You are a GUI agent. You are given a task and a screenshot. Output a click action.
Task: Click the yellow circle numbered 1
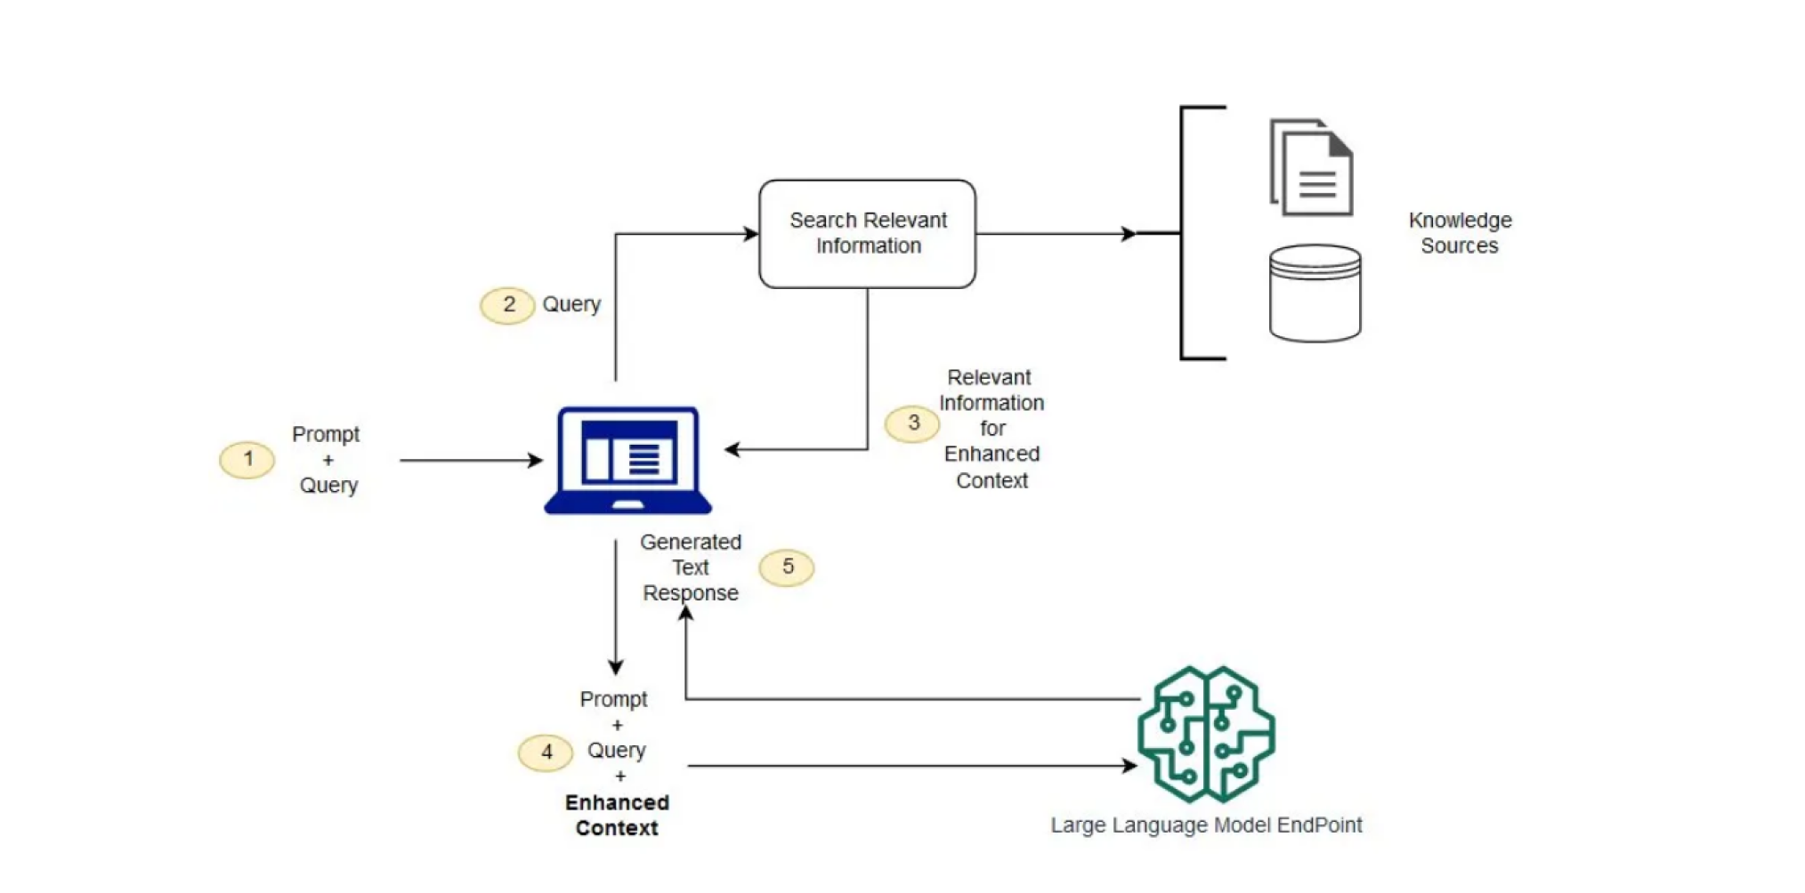click(x=247, y=460)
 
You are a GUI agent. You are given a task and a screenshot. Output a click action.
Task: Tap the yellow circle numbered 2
click(x=507, y=305)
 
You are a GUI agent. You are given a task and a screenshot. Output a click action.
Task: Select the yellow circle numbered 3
click(x=912, y=423)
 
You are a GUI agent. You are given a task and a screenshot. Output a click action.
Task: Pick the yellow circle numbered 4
click(x=546, y=752)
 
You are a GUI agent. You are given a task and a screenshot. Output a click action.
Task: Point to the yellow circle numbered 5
click(x=787, y=567)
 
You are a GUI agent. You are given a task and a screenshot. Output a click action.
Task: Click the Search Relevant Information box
click(x=867, y=233)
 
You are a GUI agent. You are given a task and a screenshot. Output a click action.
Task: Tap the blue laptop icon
click(x=627, y=460)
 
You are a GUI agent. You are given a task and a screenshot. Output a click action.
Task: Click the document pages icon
click(x=1311, y=167)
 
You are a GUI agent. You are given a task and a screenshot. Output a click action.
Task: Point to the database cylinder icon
click(x=1315, y=294)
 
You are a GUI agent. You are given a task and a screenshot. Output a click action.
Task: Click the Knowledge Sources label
click(x=1460, y=233)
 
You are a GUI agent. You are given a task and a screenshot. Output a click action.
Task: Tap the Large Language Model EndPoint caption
click(x=1206, y=825)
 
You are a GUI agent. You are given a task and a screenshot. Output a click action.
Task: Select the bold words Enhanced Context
click(x=617, y=815)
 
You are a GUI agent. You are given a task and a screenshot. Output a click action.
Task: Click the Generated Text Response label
click(x=691, y=567)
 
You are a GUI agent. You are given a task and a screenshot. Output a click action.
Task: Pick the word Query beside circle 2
click(x=571, y=304)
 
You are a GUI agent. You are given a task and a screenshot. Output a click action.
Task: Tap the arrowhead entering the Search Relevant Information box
click(x=751, y=234)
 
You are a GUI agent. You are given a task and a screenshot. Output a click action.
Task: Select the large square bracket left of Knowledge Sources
click(x=1184, y=233)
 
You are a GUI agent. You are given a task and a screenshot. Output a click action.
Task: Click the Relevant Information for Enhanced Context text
click(x=992, y=429)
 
